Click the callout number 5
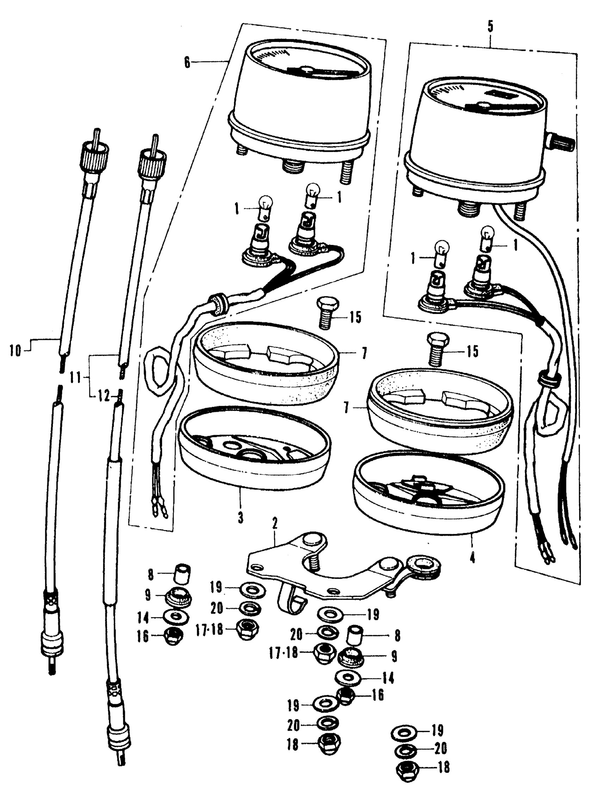490,28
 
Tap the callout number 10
16,351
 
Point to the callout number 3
240,518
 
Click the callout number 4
472,558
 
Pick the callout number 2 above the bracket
275,523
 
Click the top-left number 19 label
216,588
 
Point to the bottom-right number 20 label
440,749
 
